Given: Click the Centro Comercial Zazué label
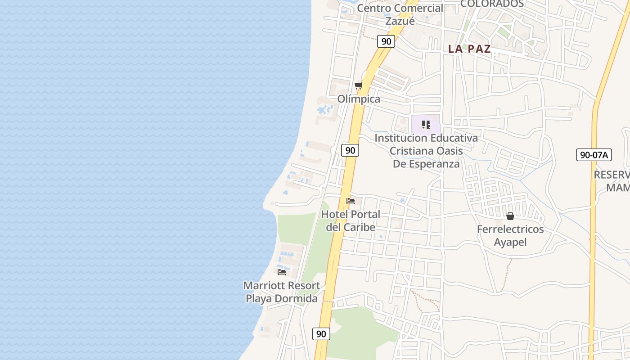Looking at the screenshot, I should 400,14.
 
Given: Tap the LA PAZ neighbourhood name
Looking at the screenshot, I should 469,49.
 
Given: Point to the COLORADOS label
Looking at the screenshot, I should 492,4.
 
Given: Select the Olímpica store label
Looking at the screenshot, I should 359,99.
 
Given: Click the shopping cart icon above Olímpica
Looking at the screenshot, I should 358,85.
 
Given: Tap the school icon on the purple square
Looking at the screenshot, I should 426,124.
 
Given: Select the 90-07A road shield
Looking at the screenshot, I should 594,155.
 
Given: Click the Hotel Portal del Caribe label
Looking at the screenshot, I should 351,220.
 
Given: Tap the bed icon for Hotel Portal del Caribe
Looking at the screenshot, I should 351,201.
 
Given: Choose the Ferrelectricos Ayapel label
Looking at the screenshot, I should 510,235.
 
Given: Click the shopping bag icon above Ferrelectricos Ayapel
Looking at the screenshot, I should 510,216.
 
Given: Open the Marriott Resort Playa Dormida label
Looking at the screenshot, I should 282,292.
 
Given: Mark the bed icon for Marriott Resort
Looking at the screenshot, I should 282,272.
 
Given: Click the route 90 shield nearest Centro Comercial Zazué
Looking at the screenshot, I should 386,41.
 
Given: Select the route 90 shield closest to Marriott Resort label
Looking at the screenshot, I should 321,333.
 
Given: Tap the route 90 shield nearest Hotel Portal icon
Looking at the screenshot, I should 350,150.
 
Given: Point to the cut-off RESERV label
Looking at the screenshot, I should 612,175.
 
